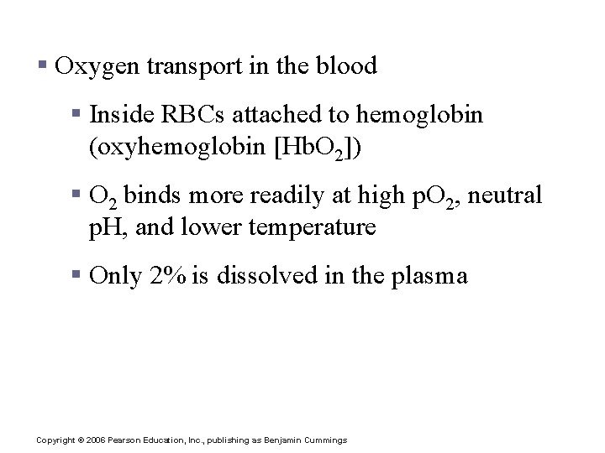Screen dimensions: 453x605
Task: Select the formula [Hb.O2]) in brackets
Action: (313, 149)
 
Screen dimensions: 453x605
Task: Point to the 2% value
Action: (168, 275)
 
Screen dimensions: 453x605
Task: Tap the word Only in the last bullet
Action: (116, 275)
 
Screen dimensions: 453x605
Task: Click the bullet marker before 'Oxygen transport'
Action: (42, 65)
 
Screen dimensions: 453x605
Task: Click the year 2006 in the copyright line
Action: (101, 440)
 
